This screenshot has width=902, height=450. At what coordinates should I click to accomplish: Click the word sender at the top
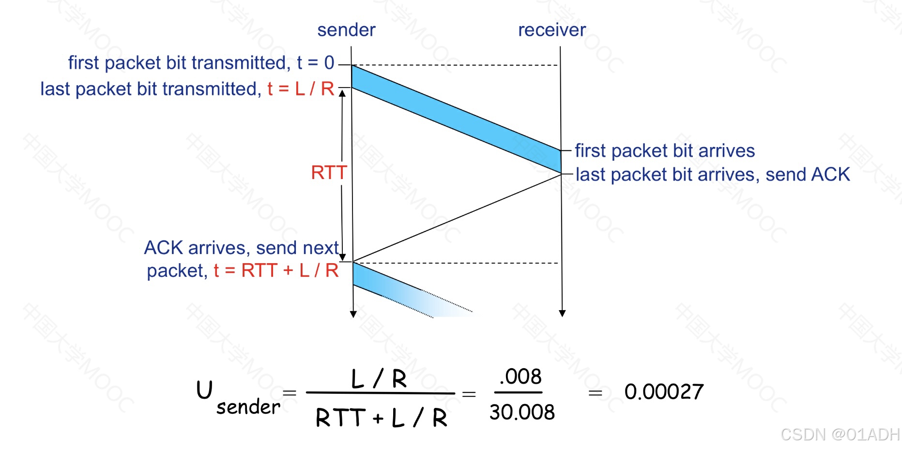click(346, 30)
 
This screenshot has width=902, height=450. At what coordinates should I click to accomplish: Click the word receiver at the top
click(551, 30)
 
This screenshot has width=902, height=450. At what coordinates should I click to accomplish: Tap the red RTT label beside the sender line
click(329, 172)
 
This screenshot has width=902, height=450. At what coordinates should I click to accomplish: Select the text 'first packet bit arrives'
click(664, 150)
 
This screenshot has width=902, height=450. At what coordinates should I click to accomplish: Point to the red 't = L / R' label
click(301, 89)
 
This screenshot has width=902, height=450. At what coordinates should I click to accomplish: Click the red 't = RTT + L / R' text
click(276, 270)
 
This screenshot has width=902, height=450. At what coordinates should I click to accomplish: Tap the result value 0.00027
click(663, 391)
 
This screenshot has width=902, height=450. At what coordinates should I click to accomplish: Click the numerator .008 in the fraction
click(520, 376)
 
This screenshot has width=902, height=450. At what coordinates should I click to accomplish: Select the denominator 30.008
click(521, 412)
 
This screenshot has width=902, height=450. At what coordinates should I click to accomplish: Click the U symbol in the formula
click(204, 390)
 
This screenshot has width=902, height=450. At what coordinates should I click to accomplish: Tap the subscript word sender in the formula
click(248, 407)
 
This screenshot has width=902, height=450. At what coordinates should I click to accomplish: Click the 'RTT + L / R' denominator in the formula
click(381, 417)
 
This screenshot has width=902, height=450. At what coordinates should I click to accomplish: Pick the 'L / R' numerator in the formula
click(379, 378)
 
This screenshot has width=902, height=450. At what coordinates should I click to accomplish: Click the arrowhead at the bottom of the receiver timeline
click(562, 314)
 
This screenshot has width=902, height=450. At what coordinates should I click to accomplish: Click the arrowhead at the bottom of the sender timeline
click(353, 314)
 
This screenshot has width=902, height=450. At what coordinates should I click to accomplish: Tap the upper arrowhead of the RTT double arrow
click(342, 93)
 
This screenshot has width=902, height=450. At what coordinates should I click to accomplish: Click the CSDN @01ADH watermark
click(840, 434)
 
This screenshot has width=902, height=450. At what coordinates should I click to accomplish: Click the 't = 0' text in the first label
click(315, 62)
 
